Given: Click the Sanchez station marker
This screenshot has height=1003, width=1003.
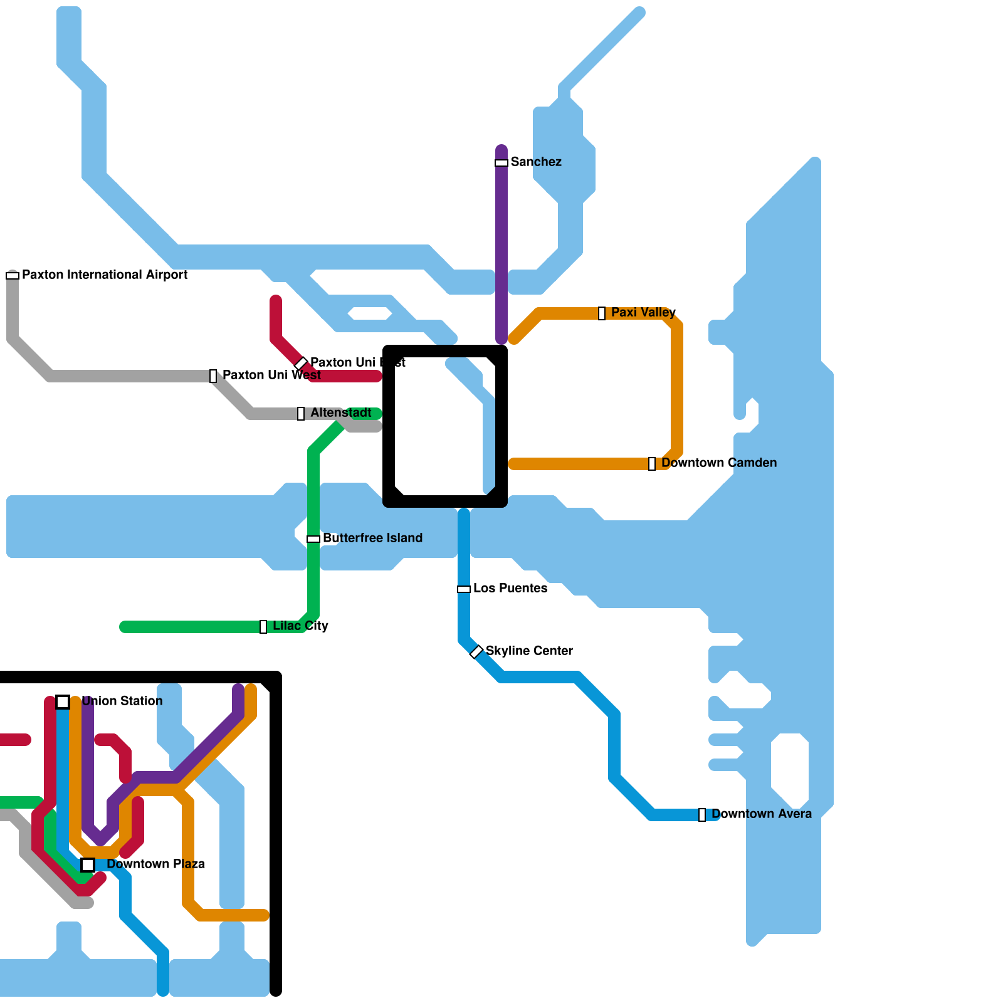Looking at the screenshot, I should pos(501,163).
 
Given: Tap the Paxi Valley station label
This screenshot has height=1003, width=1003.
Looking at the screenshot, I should pos(643,312).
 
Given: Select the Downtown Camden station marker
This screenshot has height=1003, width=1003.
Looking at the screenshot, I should pos(652,464).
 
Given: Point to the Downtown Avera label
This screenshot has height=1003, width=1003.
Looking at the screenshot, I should pos(761,814).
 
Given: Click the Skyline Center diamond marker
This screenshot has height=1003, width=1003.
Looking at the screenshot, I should pos(476,652).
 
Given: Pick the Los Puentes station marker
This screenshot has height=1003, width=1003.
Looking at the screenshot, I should pos(464,589).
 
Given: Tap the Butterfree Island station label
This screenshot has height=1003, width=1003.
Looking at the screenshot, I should pos(372,538).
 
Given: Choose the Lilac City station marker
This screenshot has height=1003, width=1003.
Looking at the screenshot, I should pos(263,627).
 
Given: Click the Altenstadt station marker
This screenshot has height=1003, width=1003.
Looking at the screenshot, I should pos(301,414).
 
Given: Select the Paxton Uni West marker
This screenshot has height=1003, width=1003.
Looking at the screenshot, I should pos(213,376).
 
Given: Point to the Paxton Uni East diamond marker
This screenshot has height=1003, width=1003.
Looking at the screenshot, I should pos(301,364).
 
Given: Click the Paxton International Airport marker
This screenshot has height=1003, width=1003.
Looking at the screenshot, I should pos(13,276).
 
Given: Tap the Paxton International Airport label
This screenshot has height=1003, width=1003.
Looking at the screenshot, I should pos(105,275).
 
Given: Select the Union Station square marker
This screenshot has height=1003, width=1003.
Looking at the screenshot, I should pos(63,702).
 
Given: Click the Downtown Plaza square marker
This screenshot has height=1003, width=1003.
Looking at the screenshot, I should pos(88,865).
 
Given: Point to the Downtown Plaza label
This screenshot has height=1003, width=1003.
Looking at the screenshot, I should pos(155,864).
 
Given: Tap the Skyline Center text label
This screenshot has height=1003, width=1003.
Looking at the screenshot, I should pos(529,651).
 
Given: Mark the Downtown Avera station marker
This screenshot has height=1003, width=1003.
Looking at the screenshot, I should pos(702,815).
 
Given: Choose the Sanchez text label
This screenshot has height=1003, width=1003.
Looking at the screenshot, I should pos(536,162).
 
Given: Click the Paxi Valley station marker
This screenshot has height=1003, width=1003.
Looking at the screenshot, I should pos(602,313).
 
